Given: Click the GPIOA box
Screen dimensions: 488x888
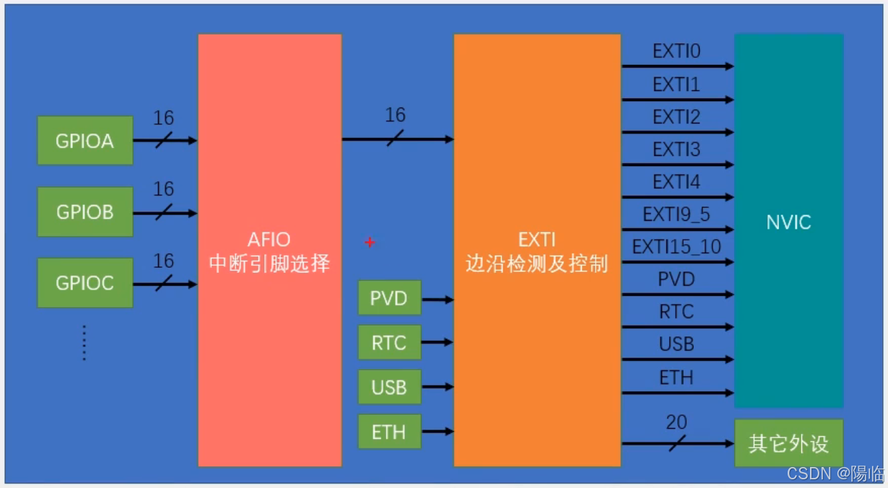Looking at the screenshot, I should point(85,141).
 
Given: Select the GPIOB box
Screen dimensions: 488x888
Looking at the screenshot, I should point(85,212).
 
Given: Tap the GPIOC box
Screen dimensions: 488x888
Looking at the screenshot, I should point(85,283).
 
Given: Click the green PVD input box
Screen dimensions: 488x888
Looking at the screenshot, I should point(389,298).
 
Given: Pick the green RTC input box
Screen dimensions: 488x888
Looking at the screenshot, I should point(389,343).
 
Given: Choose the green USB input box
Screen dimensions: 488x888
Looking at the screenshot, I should point(389,388).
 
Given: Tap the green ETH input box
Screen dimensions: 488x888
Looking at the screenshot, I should point(389,432).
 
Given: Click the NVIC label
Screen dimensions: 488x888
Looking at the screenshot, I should point(788,222).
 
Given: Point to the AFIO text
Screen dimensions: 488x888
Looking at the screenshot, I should point(269,239).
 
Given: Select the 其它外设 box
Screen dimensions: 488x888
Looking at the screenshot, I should point(788,443).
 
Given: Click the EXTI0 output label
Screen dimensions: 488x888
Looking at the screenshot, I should point(676,52).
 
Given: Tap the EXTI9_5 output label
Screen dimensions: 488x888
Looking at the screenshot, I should point(676,214).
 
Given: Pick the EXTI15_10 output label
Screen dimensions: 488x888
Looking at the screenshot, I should point(676,247).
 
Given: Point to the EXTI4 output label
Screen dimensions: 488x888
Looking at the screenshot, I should point(676,182).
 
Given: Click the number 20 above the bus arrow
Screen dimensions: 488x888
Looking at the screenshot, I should point(676,423).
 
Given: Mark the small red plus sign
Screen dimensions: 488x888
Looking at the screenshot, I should point(370,243).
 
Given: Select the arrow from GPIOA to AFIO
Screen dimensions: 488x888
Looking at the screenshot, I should point(165,141).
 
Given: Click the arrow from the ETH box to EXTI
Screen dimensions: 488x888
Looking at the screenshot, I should point(437,432).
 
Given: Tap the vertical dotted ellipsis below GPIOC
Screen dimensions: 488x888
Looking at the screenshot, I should point(84,343).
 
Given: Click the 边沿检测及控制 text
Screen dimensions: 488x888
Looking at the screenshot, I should point(536,263).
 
